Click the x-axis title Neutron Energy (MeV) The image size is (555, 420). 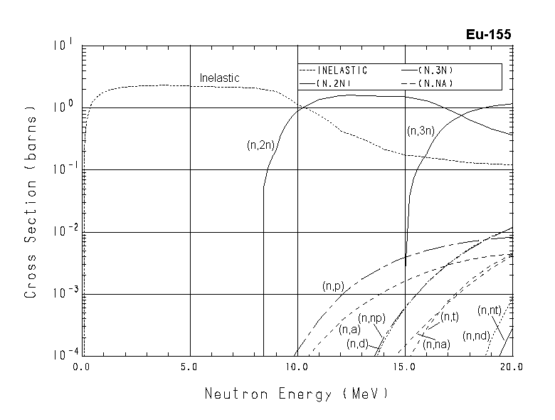click(296, 393)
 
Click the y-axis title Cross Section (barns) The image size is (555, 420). click(31, 201)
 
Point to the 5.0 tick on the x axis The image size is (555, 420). click(190, 368)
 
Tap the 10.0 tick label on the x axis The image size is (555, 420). click(297, 368)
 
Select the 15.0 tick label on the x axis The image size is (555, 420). click(404, 368)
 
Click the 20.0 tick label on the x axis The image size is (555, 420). click(511, 368)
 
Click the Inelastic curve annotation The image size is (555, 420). click(219, 78)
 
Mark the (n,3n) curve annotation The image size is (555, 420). click(421, 131)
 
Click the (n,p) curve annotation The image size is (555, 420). click(333, 286)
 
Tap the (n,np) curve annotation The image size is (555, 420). click(371, 317)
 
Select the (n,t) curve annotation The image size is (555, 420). click(450, 317)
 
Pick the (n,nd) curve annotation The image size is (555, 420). click(475, 335)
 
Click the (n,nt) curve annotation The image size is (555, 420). click(490, 310)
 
